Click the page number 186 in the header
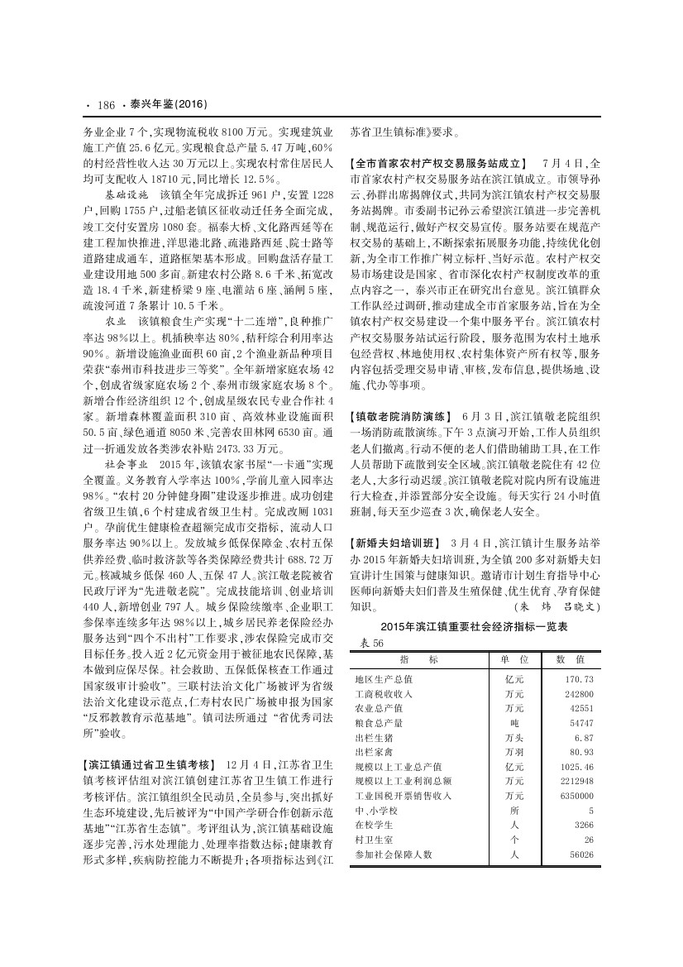[105, 105]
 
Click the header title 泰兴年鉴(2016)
[166, 105]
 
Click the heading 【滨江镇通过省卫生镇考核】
[150, 763]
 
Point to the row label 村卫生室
[373, 840]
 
